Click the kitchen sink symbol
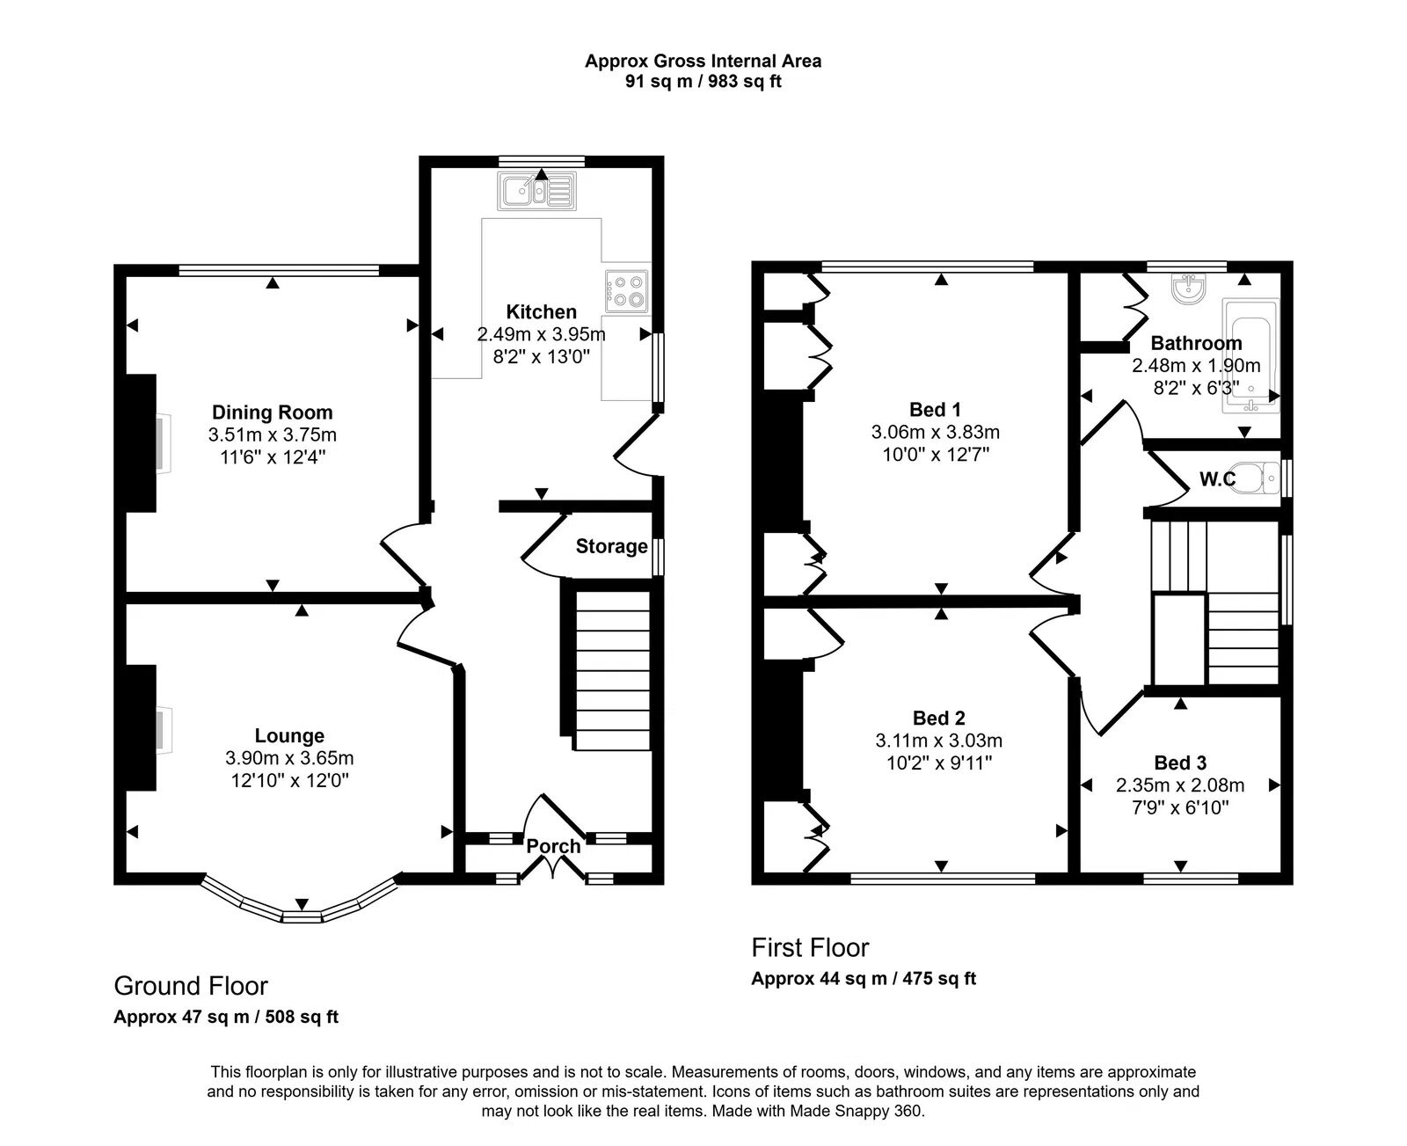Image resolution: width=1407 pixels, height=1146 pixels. point(536,191)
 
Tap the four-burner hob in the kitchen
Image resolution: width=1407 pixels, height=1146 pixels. point(626,290)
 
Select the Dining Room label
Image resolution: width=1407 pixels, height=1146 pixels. point(272,412)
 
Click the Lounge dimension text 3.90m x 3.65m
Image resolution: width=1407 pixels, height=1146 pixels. point(289,758)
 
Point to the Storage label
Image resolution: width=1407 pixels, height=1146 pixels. point(611,546)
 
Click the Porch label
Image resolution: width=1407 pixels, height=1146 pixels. point(553,846)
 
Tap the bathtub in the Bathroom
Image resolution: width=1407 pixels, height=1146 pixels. point(1251,355)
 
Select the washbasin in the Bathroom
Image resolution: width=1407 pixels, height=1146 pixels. point(1188,288)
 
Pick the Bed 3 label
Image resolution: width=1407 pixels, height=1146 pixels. point(1180,763)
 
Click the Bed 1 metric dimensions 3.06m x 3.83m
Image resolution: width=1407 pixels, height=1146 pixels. point(935,432)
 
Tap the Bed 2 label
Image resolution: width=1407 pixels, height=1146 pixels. point(938,719)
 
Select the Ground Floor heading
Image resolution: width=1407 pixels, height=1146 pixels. point(191,986)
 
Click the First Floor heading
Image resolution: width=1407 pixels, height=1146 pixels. point(810,948)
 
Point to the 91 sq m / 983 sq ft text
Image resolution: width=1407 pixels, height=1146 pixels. point(703,82)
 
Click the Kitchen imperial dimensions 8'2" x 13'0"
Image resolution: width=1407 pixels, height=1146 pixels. point(541,356)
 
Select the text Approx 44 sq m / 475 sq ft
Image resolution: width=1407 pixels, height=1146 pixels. point(864,979)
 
